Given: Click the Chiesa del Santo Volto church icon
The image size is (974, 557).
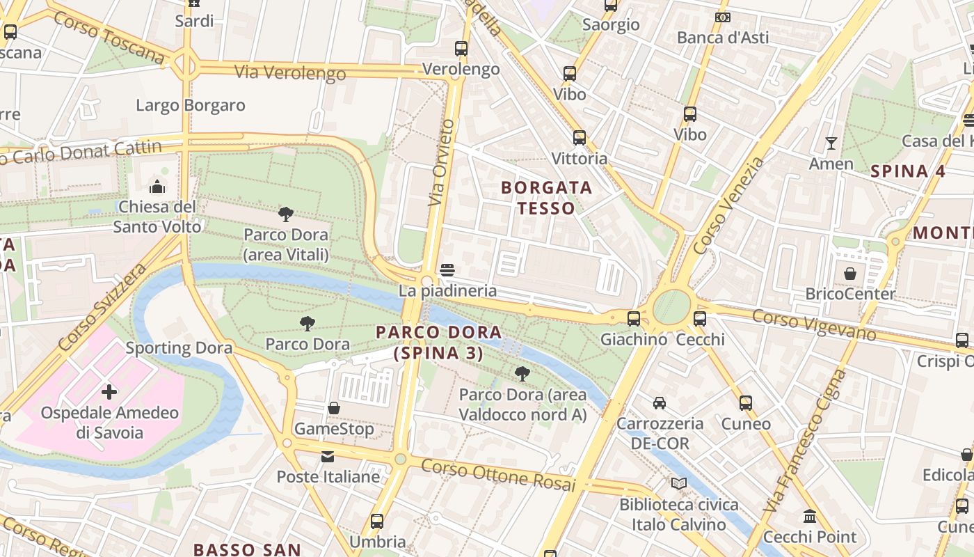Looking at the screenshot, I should coord(158,187).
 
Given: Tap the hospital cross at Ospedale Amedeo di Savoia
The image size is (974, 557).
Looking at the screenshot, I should coord(109,392).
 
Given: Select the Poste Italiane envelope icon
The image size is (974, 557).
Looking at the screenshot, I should coord(327,457).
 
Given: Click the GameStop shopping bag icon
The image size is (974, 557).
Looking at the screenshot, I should coord(334,408).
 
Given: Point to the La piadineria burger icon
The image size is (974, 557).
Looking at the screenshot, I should coord(447,269).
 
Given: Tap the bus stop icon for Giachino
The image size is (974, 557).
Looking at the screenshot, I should coord(633,319).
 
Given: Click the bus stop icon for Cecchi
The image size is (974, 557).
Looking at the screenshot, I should coord(700,319).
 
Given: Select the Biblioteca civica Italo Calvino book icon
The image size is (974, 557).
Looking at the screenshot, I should coord(678,483).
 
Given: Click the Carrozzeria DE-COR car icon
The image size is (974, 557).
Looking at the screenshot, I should coord(659,402).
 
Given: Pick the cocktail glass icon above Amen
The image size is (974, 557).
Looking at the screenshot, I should coord(831,143).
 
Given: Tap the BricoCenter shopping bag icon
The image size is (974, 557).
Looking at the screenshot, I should coord(849,274).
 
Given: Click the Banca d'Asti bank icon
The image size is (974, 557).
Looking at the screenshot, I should coord(723,17).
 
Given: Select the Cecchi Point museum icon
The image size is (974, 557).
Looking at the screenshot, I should coord(810,517).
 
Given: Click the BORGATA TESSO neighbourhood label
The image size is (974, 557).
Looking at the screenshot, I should coord(546,198).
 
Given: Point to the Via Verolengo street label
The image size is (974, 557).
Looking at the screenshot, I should coord(290,72).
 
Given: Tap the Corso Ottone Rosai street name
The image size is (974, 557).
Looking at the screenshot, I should coord(498,475).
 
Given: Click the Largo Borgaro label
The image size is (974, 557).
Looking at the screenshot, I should coord(191,106).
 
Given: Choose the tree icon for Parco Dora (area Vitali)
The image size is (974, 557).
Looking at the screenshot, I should coord(285,214).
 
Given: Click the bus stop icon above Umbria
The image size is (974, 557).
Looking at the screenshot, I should coord(377,521).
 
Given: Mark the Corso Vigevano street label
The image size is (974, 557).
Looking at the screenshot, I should coord(814,325).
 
